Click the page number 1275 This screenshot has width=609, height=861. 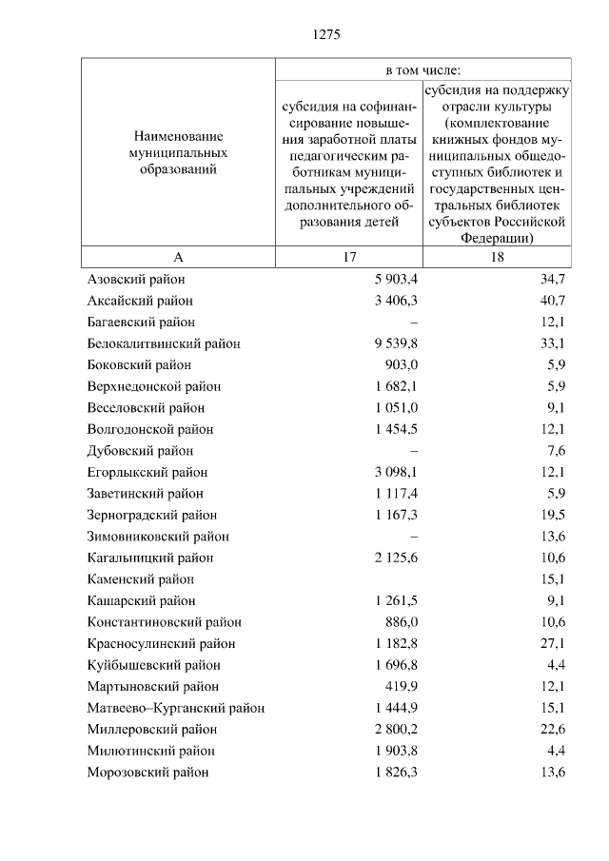pyautogui.click(x=325, y=35)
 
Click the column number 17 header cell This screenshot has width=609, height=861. pyautogui.click(x=348, y=258)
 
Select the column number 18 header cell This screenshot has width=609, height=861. pyautogui.click(x=497, y=258)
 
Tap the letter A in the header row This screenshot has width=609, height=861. pyautogui.click(x=178, y=258)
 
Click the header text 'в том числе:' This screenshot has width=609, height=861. pyautogui.click(x=422, y=70)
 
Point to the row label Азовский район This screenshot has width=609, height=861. pyautogui.click(x=136, y=280)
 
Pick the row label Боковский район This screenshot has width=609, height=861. pyautogui.click(x=139, y=365)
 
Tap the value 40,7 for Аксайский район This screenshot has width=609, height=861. pyautogui.click(x=551, y=301)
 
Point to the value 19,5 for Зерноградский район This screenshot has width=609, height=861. pyautogui.click(x=551, y=516)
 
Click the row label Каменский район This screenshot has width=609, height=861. pyautogui.click(x=140, y=579)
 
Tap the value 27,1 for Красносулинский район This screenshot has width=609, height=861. pyautogui.click(x=551, y=644)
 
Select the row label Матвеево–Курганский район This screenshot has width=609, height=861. pyautogui.click(x=175, y=708)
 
